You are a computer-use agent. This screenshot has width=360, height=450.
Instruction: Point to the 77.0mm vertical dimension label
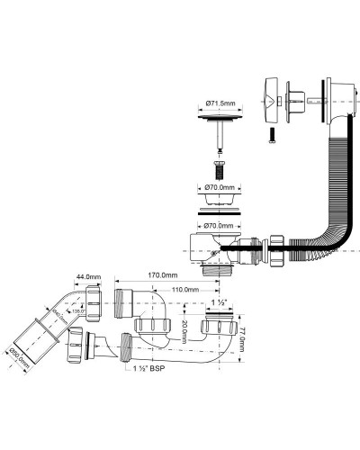[x=246, y=338]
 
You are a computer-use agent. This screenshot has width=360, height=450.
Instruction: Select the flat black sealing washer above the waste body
[x=216, y=211]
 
